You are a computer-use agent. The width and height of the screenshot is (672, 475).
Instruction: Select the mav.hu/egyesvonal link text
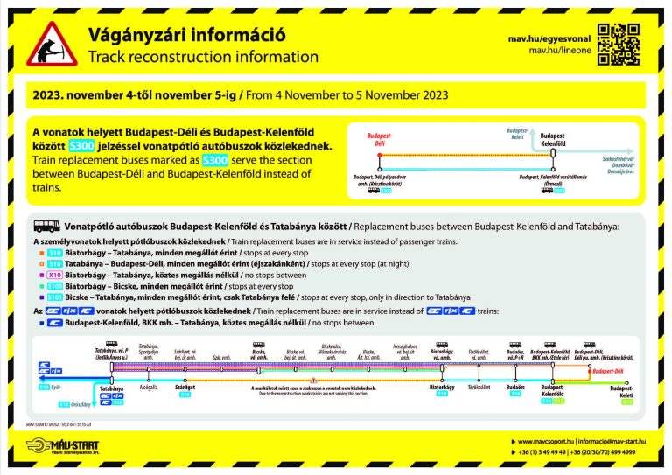pyautogui.click(x=549, y=38)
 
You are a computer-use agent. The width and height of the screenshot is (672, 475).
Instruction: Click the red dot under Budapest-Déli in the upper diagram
pyautogui.click(x=379, y=155)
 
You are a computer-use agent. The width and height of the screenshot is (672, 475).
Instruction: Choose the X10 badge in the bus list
pyautogui.click(x=54, y=274)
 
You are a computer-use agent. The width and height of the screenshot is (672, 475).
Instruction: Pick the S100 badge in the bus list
pyautogui.click(x=55, y=285)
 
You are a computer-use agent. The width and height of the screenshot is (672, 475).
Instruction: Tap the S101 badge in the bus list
pyautogui.click(x=55, y=297)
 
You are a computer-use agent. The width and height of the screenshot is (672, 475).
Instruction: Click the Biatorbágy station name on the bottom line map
pyautogui.click(x=444, y=387)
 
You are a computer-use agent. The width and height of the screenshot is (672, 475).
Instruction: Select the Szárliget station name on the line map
pyautogui.click(x=185, y=387)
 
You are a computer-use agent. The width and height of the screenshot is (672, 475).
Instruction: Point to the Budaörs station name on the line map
pyautogui.click(x=515, y=387)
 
